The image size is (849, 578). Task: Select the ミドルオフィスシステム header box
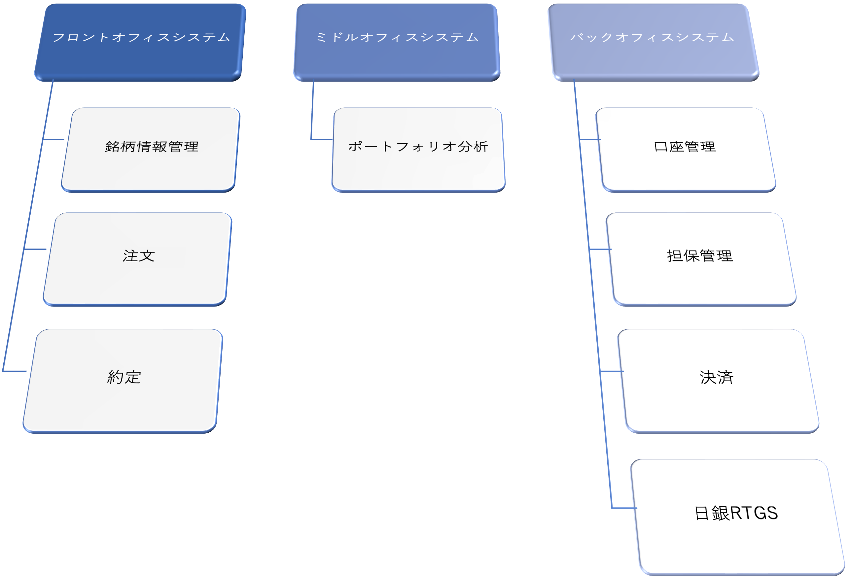click(397, 42)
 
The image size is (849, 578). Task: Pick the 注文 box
click(138, 259)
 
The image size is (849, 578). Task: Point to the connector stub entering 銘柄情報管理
click(54, 139)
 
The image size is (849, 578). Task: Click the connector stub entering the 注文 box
click(35, 249)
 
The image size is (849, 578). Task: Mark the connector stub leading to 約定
click(15, 371)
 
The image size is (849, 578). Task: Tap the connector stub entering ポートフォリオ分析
click(322, 139)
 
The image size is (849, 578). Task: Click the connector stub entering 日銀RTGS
click(624, 508)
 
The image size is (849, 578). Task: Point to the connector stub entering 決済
click(612, 371)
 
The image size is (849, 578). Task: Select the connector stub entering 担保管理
click(600, 249)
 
